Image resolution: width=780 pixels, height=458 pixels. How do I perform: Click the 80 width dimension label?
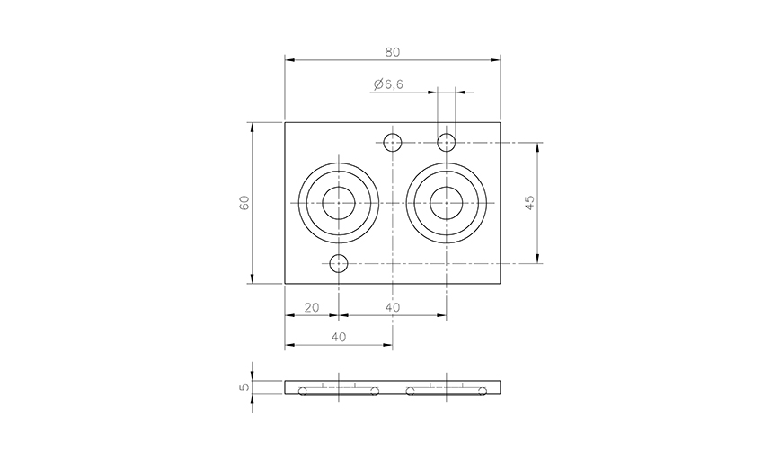pyautogui.click(x=393, y=52)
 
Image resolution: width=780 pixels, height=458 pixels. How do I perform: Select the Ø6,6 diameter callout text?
pyautogui.click(x=387, y=84)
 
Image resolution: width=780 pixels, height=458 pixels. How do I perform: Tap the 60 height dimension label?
pyautogui.click(x=244, y=202)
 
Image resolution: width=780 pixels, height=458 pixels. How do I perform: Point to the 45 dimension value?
pyautogui.click(x=530, y=202)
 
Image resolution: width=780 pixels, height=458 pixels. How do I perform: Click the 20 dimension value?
pyautogui.click(x=311, y=307)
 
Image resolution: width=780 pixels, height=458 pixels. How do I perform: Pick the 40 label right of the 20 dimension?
pyautogui.click(x=393, y=307)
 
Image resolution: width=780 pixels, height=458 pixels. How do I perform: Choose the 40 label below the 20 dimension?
pyautogui.click(x=339, y=337)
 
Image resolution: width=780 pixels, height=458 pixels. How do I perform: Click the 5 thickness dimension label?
pyautogui.click(x=244, y=388)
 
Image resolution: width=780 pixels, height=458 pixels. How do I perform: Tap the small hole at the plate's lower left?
pyautogui.click(x=339, y=264)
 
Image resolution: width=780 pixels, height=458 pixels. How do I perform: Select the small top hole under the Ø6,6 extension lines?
pyautogui.click(x=447, y=142)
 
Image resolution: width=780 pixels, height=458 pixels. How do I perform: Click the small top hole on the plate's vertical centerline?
pyautogui.click(x=393, y=142)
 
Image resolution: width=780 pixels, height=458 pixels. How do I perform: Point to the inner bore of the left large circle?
pyautogui.click(x=339, y=204)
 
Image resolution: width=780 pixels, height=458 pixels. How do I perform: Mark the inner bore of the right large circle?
pyautogui.click(x=447, y=204)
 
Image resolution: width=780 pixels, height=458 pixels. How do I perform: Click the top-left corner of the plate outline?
pyautogui.click(x=285, y=122)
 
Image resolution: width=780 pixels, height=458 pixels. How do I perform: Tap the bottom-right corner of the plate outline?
pyautogui.click(x=500, y=284)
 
